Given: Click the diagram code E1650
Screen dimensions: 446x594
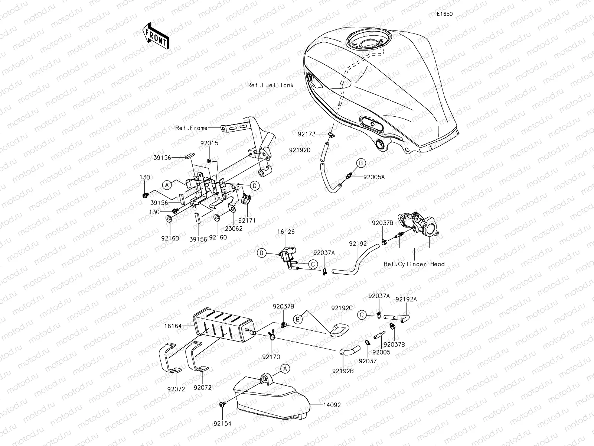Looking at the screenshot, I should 444,14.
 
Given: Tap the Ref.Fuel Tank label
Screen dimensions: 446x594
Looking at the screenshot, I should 270,85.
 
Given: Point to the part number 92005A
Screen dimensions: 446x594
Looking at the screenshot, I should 374,177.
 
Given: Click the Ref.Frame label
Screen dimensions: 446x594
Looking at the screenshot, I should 191,128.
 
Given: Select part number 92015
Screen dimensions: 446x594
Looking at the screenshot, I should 209,143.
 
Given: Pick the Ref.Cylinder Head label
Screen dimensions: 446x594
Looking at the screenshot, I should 414,264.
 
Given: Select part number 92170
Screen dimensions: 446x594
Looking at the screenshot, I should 271,356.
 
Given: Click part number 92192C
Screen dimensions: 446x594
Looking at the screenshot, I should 342,308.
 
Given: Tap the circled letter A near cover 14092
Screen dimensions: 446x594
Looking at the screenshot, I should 285,369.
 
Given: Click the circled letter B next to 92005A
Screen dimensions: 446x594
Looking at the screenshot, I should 361,163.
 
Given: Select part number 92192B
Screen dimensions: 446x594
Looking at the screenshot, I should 343,371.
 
